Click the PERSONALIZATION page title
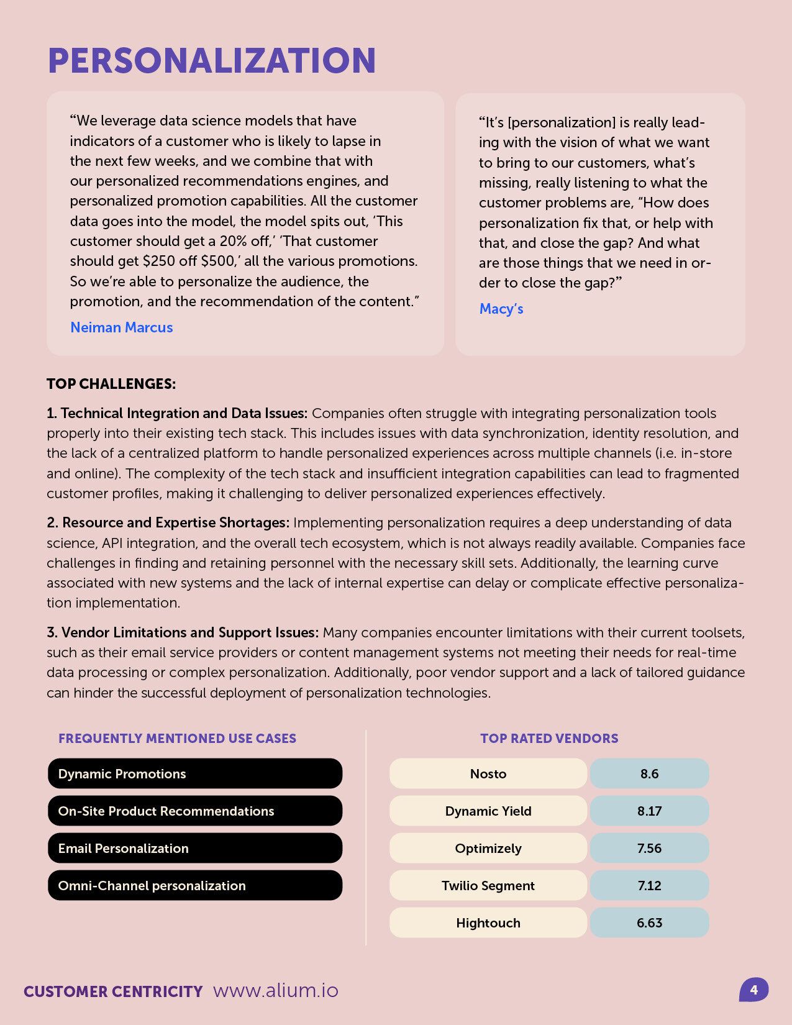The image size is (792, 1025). (x=212, y=61)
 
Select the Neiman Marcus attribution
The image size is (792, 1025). (x=122, y=327)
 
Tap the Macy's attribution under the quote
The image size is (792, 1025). (x=501, y=309)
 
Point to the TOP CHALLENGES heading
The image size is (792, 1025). (x=111, y=384)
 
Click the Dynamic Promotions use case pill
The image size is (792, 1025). (x=195, y=773)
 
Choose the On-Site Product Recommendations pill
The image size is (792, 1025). (x=195, y=811)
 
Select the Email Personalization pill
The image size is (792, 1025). (x=195, y=848)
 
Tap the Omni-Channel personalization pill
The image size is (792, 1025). (x=195, y=885)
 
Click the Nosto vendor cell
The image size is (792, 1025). (x=488, y=773)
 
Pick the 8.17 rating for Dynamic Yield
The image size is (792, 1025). (x=649, y=811)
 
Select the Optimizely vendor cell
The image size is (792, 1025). (x=488, y=848)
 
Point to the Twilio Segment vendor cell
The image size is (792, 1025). (x=488, y=885)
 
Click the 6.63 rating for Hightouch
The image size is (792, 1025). (x=649, y=922)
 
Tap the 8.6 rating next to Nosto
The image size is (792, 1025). (x=649, y=773)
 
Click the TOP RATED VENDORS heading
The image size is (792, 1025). (x=549, y=739)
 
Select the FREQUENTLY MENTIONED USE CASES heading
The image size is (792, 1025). (x=177, y=739)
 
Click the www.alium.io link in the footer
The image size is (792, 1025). (x=276, y=990)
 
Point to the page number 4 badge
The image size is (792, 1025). (x=753, y=990)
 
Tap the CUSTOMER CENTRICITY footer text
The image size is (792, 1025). (x=113, y=991)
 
